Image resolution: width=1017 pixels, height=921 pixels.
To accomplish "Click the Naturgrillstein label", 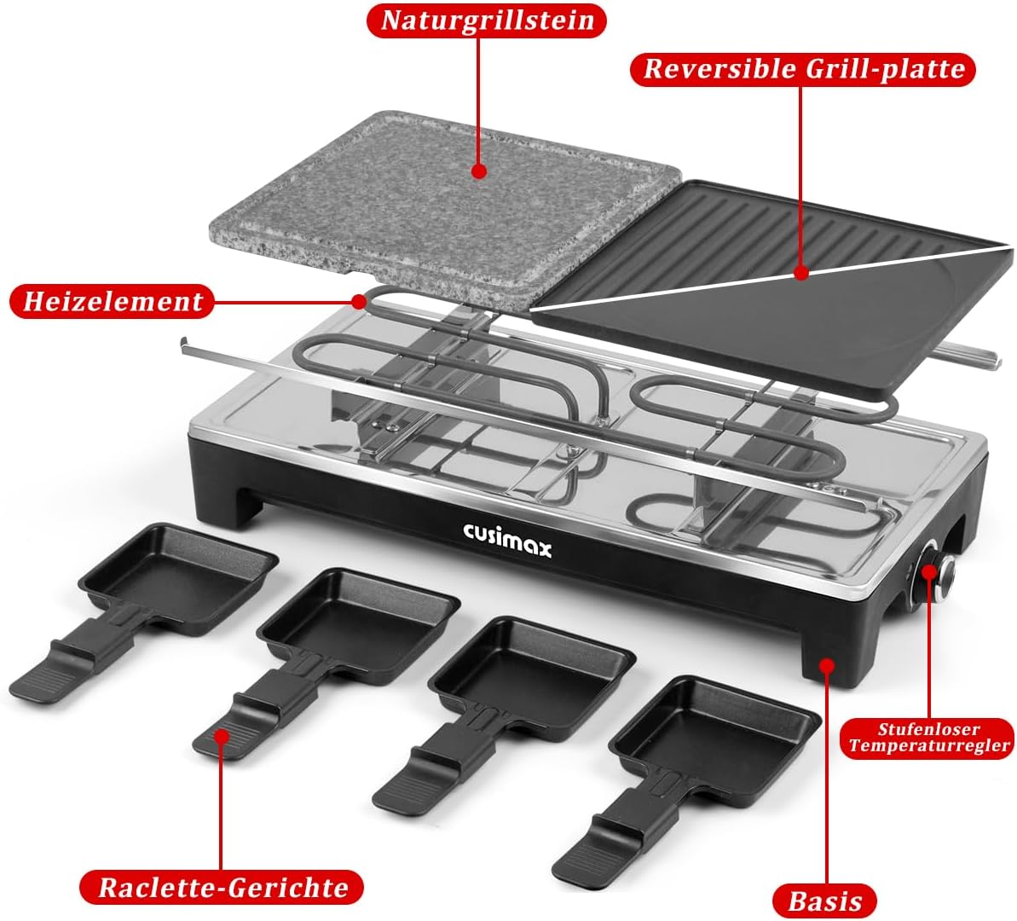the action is (x=487, y=20).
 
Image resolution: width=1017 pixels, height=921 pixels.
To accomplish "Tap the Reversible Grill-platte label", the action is (x=804, y=69).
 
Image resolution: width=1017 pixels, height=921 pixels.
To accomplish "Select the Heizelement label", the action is (x=113, y=301).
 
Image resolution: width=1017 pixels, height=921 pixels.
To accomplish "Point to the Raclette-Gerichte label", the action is (x=222, y=887).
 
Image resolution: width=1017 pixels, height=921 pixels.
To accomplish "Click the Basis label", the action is (x=824, y=901).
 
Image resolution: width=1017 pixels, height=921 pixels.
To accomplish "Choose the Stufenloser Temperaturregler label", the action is (x=929, y=738).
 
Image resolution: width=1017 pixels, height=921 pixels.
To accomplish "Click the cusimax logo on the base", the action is (x=507, y=539).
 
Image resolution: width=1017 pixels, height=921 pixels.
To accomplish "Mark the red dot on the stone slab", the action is (x=479, y=171).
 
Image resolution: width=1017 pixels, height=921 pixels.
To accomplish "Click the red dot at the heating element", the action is (x=359, y=301).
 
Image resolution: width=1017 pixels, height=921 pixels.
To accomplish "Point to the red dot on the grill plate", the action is (x=801, y=273).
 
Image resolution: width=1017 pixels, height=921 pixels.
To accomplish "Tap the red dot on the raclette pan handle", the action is (x=222, y=737).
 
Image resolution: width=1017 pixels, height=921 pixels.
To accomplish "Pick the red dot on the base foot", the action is (x=826, y=664).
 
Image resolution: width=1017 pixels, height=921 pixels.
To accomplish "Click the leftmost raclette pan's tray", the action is (x=180, y=575).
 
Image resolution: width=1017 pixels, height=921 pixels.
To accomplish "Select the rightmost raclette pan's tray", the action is (x=715, y=732).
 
